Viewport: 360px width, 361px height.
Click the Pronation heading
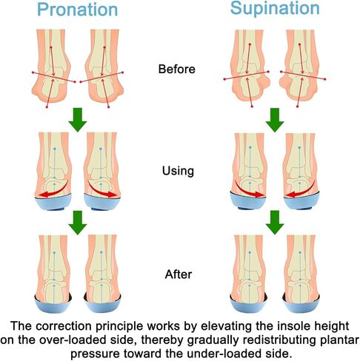click(78, 10)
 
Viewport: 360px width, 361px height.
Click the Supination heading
click(275, 9)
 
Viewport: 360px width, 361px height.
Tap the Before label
click(177, 69)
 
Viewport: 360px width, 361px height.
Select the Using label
click(178, 172)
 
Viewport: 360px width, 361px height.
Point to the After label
click(179, 274)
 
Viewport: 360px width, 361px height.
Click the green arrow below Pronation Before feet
click(78, 120)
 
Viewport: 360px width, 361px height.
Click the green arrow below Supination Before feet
click(275, 120)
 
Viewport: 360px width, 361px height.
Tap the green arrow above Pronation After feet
click(78, 223)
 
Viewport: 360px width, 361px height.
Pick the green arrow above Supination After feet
click(275, 223)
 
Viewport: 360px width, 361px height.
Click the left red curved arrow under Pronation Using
click(56, 192)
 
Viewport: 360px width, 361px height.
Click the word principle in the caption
click(119, 326)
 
